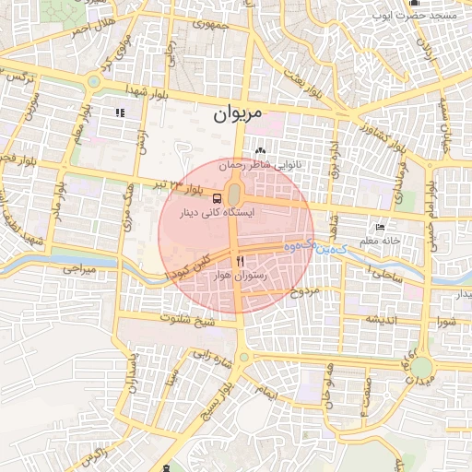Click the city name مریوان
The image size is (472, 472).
point(238,114)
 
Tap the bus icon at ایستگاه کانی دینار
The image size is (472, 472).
point(217,197)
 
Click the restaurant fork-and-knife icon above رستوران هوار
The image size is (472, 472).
point(241,262)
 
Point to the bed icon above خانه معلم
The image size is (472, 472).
point(381,228)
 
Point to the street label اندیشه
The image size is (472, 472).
point(383,319)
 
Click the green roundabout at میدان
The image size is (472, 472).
point(422,367)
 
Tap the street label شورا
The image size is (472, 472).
point(446,322)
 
